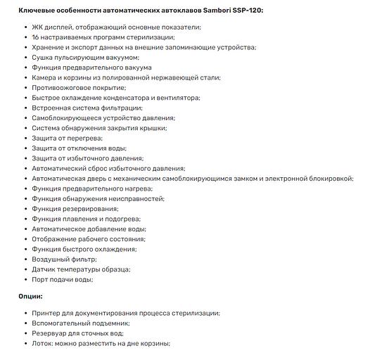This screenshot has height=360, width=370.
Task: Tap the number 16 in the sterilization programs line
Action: point(35,37)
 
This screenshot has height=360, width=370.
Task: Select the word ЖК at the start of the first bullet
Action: point(37,27)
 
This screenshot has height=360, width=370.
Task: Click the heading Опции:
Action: point(30,297)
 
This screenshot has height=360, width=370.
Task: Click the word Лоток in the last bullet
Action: point(43,343)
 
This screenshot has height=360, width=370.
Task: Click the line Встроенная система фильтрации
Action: point(87,108)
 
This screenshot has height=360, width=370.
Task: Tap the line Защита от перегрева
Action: point(67,139)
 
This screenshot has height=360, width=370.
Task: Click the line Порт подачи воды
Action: point(62,280)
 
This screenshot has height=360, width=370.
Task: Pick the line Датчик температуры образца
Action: point(80,269)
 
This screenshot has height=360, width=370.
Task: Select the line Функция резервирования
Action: point(75,209)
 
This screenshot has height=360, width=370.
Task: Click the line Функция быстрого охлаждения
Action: point(84,250)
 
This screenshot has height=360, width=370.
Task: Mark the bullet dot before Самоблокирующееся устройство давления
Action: point(25,118)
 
